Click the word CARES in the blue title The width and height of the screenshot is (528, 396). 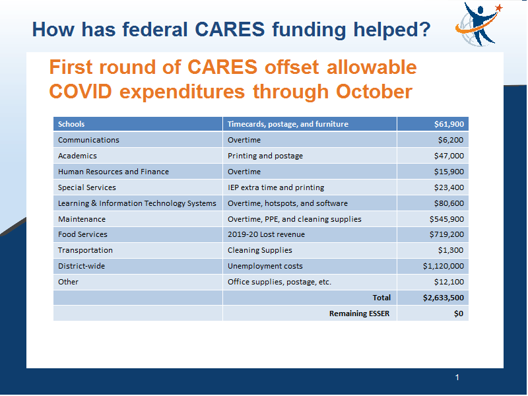point(230,29)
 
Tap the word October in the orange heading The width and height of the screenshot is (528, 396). point(374,91)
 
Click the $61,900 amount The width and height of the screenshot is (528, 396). point(449,124)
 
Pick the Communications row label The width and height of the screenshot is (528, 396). point(88,140)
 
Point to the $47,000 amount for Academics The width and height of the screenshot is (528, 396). point(449,156)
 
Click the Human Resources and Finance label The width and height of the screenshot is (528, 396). point(114,172)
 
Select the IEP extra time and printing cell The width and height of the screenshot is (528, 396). point(276,187)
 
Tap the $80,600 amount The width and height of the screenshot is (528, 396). point(449,203)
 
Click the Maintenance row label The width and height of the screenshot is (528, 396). point(82,219)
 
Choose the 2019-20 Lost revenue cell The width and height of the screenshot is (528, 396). point(266,234)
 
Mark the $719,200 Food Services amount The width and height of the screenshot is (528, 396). point(447,234)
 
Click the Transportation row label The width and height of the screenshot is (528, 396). point(85,250)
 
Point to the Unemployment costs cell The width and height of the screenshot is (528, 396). point(265,266)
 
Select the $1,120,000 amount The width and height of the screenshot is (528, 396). point(444,266)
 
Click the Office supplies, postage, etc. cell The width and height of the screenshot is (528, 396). point(279,282)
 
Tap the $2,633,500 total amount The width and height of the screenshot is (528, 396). point(444,298)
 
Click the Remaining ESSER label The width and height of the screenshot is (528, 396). point(359,313)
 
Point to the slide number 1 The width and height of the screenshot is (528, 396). point(457,377)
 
